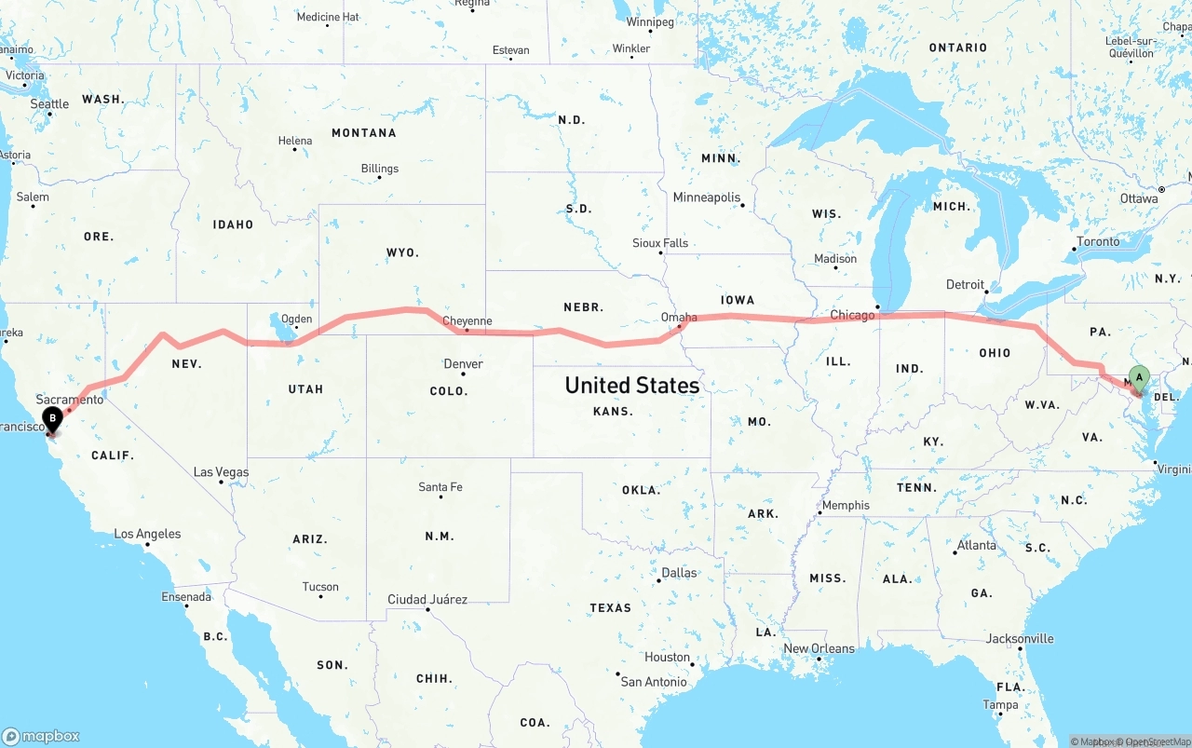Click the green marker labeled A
(x=1138, y=378)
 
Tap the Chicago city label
(x=852, y=315)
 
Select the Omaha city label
(x=679, y=317)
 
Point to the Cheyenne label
(x=467, y=321)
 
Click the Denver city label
(x=463, y=363)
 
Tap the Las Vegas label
(x=221, y=472)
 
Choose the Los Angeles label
(x=147, y=534)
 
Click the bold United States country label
(x=631, y=385)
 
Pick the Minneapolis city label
(x=706, y=197)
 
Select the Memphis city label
(x=845, y=505)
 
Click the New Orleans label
(x=819, y=648)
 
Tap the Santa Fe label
(x=440, y=486)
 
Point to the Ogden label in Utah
(x=296, y=319)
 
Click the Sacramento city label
(x=70, y=399)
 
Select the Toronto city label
(x=1098, y=241)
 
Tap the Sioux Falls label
(x=660, y=243)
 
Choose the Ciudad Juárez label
(x=427, y=599)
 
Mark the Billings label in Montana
(x=379, y=169)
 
